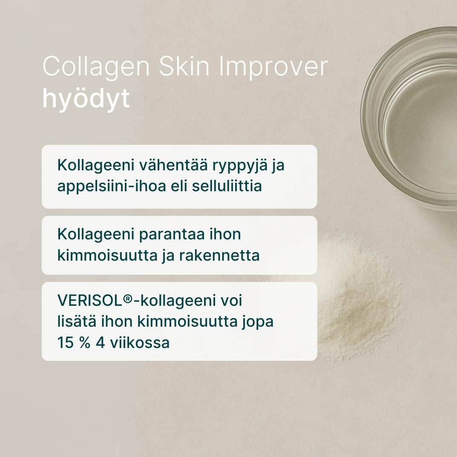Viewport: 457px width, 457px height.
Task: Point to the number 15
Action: pos(65,342)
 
